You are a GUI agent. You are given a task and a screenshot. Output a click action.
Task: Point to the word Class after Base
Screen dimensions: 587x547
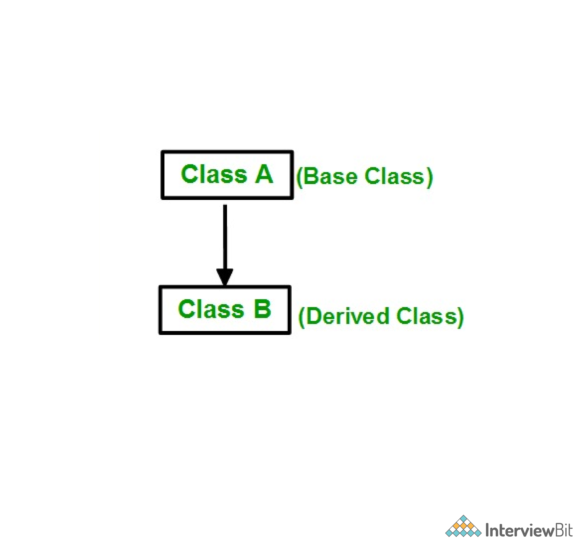click(x=394, y=177)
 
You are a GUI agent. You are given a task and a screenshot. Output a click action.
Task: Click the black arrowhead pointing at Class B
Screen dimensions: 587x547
click(x=225, y=277)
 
